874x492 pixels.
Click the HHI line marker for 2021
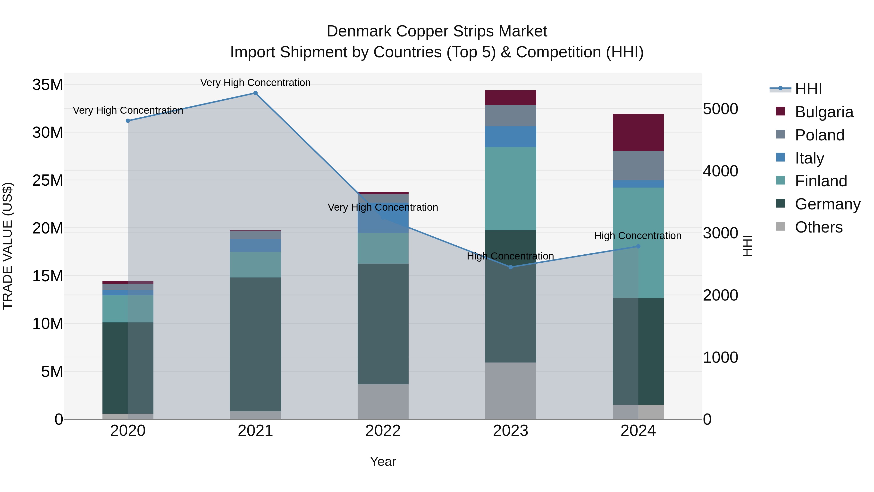255,93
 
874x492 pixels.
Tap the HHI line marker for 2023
511,267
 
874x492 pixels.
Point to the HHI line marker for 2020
128,121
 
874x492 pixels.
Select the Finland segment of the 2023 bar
510,189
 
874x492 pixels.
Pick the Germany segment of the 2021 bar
255,344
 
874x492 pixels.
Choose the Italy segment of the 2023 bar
510,137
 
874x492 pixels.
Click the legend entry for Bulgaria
824,112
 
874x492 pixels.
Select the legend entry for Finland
821,181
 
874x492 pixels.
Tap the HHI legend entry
808,89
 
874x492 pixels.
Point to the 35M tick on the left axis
48,85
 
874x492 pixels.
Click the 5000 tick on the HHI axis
720,109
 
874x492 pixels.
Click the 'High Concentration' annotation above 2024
638,236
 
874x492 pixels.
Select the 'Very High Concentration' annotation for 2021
255,83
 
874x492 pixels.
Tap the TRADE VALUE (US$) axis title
8,246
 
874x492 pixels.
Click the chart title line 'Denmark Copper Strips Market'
437,31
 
